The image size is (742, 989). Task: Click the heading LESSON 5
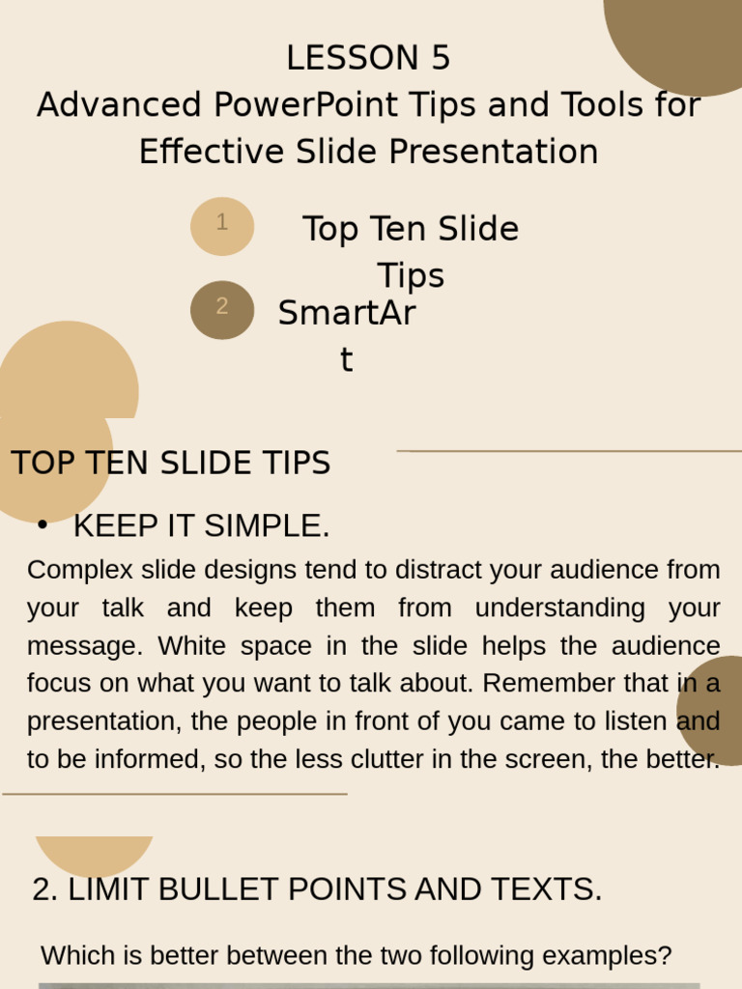click(x=368, y=59)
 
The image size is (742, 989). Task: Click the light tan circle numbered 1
click(x=222, y=225)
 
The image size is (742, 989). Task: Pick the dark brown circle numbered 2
click(x=222, y=309)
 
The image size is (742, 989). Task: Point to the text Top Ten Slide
click(x=411, y=230)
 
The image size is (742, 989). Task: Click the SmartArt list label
click(x=346, y=315)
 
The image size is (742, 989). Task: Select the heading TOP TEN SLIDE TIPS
click(x=171, y=464)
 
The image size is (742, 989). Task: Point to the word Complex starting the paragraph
click(x=75, y=570)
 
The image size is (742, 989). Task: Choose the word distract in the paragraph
click(x=444, y=570)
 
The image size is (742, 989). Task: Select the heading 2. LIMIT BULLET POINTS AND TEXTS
click(x=317, y=890)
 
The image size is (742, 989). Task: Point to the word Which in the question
click(x=71, y=956)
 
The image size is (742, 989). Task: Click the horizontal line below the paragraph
click(x=174, y=794)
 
